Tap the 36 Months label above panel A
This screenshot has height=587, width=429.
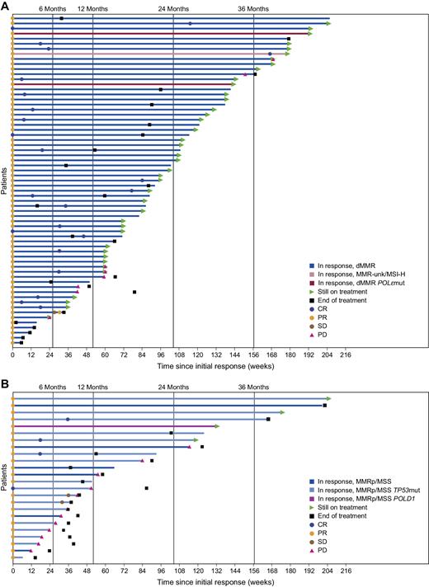pos(252,8)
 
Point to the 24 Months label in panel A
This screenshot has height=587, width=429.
pos(172,8)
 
